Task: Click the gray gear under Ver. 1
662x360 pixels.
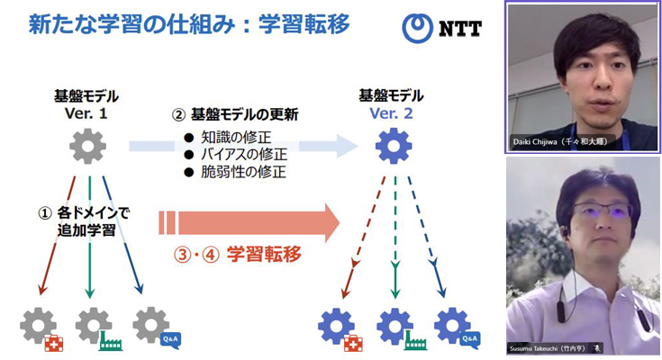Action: (x=87, y=146)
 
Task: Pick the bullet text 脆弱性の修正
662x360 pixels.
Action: (x=236, y=171)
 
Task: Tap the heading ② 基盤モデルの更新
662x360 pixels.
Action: (x=235, y=115)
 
